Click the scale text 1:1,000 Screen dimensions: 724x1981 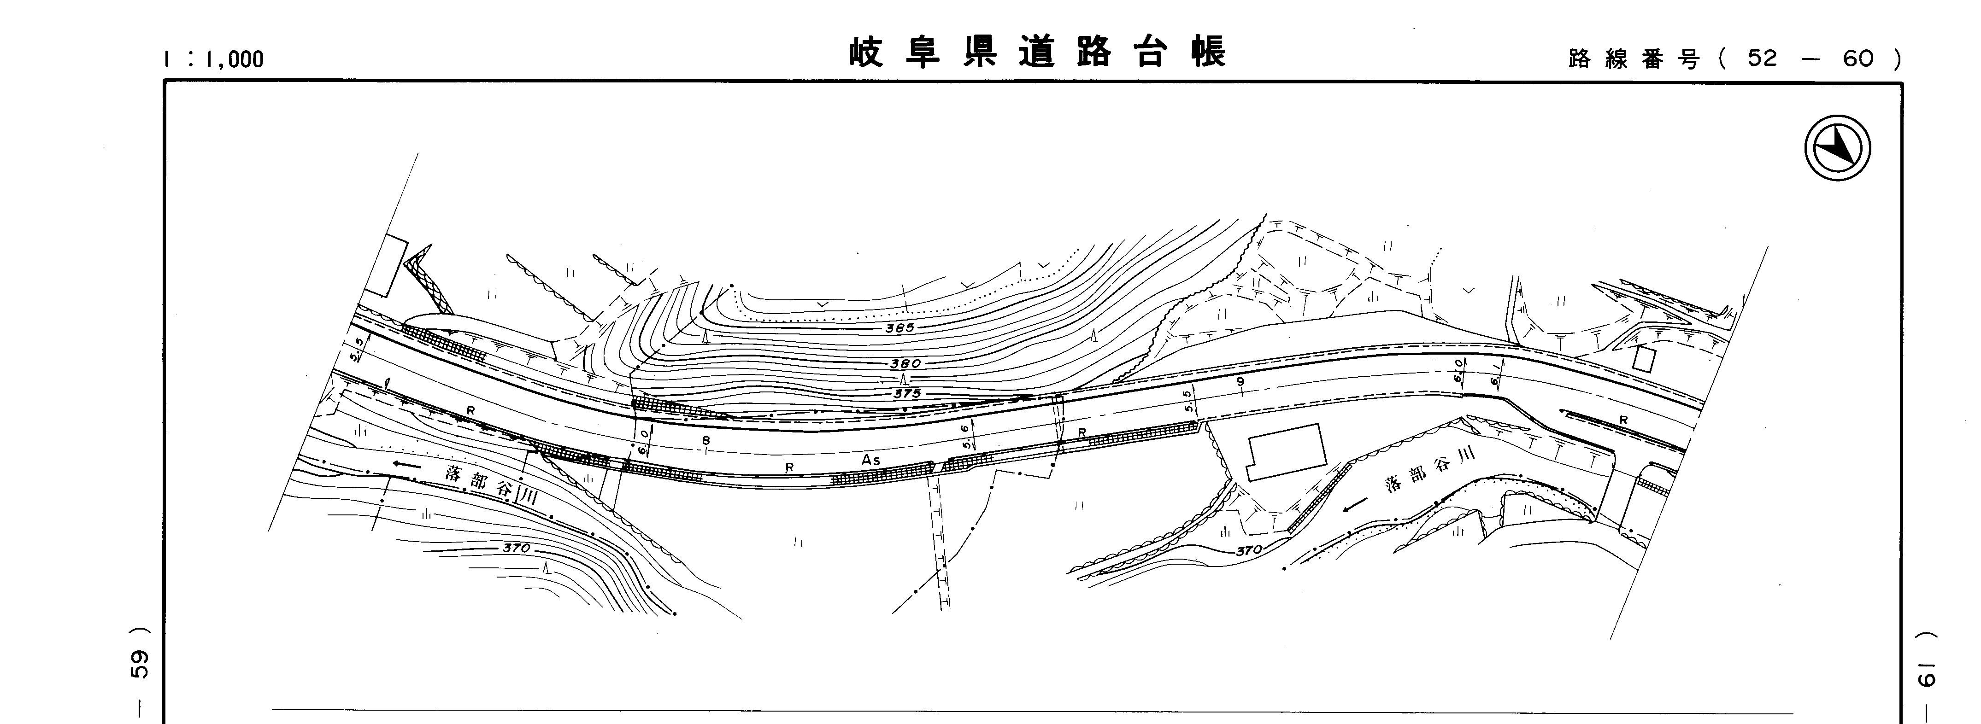[x=214, y=59]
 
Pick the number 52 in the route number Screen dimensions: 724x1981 [x=1763, y=58]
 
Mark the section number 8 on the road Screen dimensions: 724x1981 [x=706, y=440]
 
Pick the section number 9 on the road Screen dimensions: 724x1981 [x=1239, y=382]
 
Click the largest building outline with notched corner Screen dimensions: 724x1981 [x=1286, y=452]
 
